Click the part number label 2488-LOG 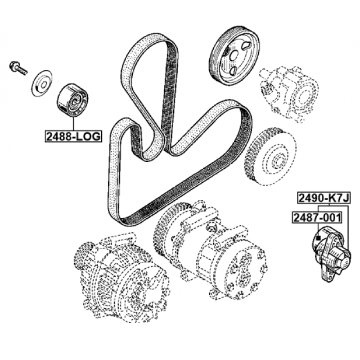pyautogui.click(x=73, y=136)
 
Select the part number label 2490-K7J pyautogui.click(x=324, y=198)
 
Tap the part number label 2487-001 pyautogui.click(x=317, y=217)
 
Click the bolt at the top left pyautogui.click(x=18, y=67)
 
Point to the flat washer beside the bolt pyautogui.click(x=42, y=83)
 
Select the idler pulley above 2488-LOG pyautogui.click(x=72, y=100)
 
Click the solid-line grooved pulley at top pyautogui.click(x=234, y=56)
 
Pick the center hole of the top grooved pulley pyautogui.click(x=234, y=56)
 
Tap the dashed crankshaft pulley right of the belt pyautogui.click(x=271, y=157)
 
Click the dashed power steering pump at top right pyautogui.click(x=289, y=93)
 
